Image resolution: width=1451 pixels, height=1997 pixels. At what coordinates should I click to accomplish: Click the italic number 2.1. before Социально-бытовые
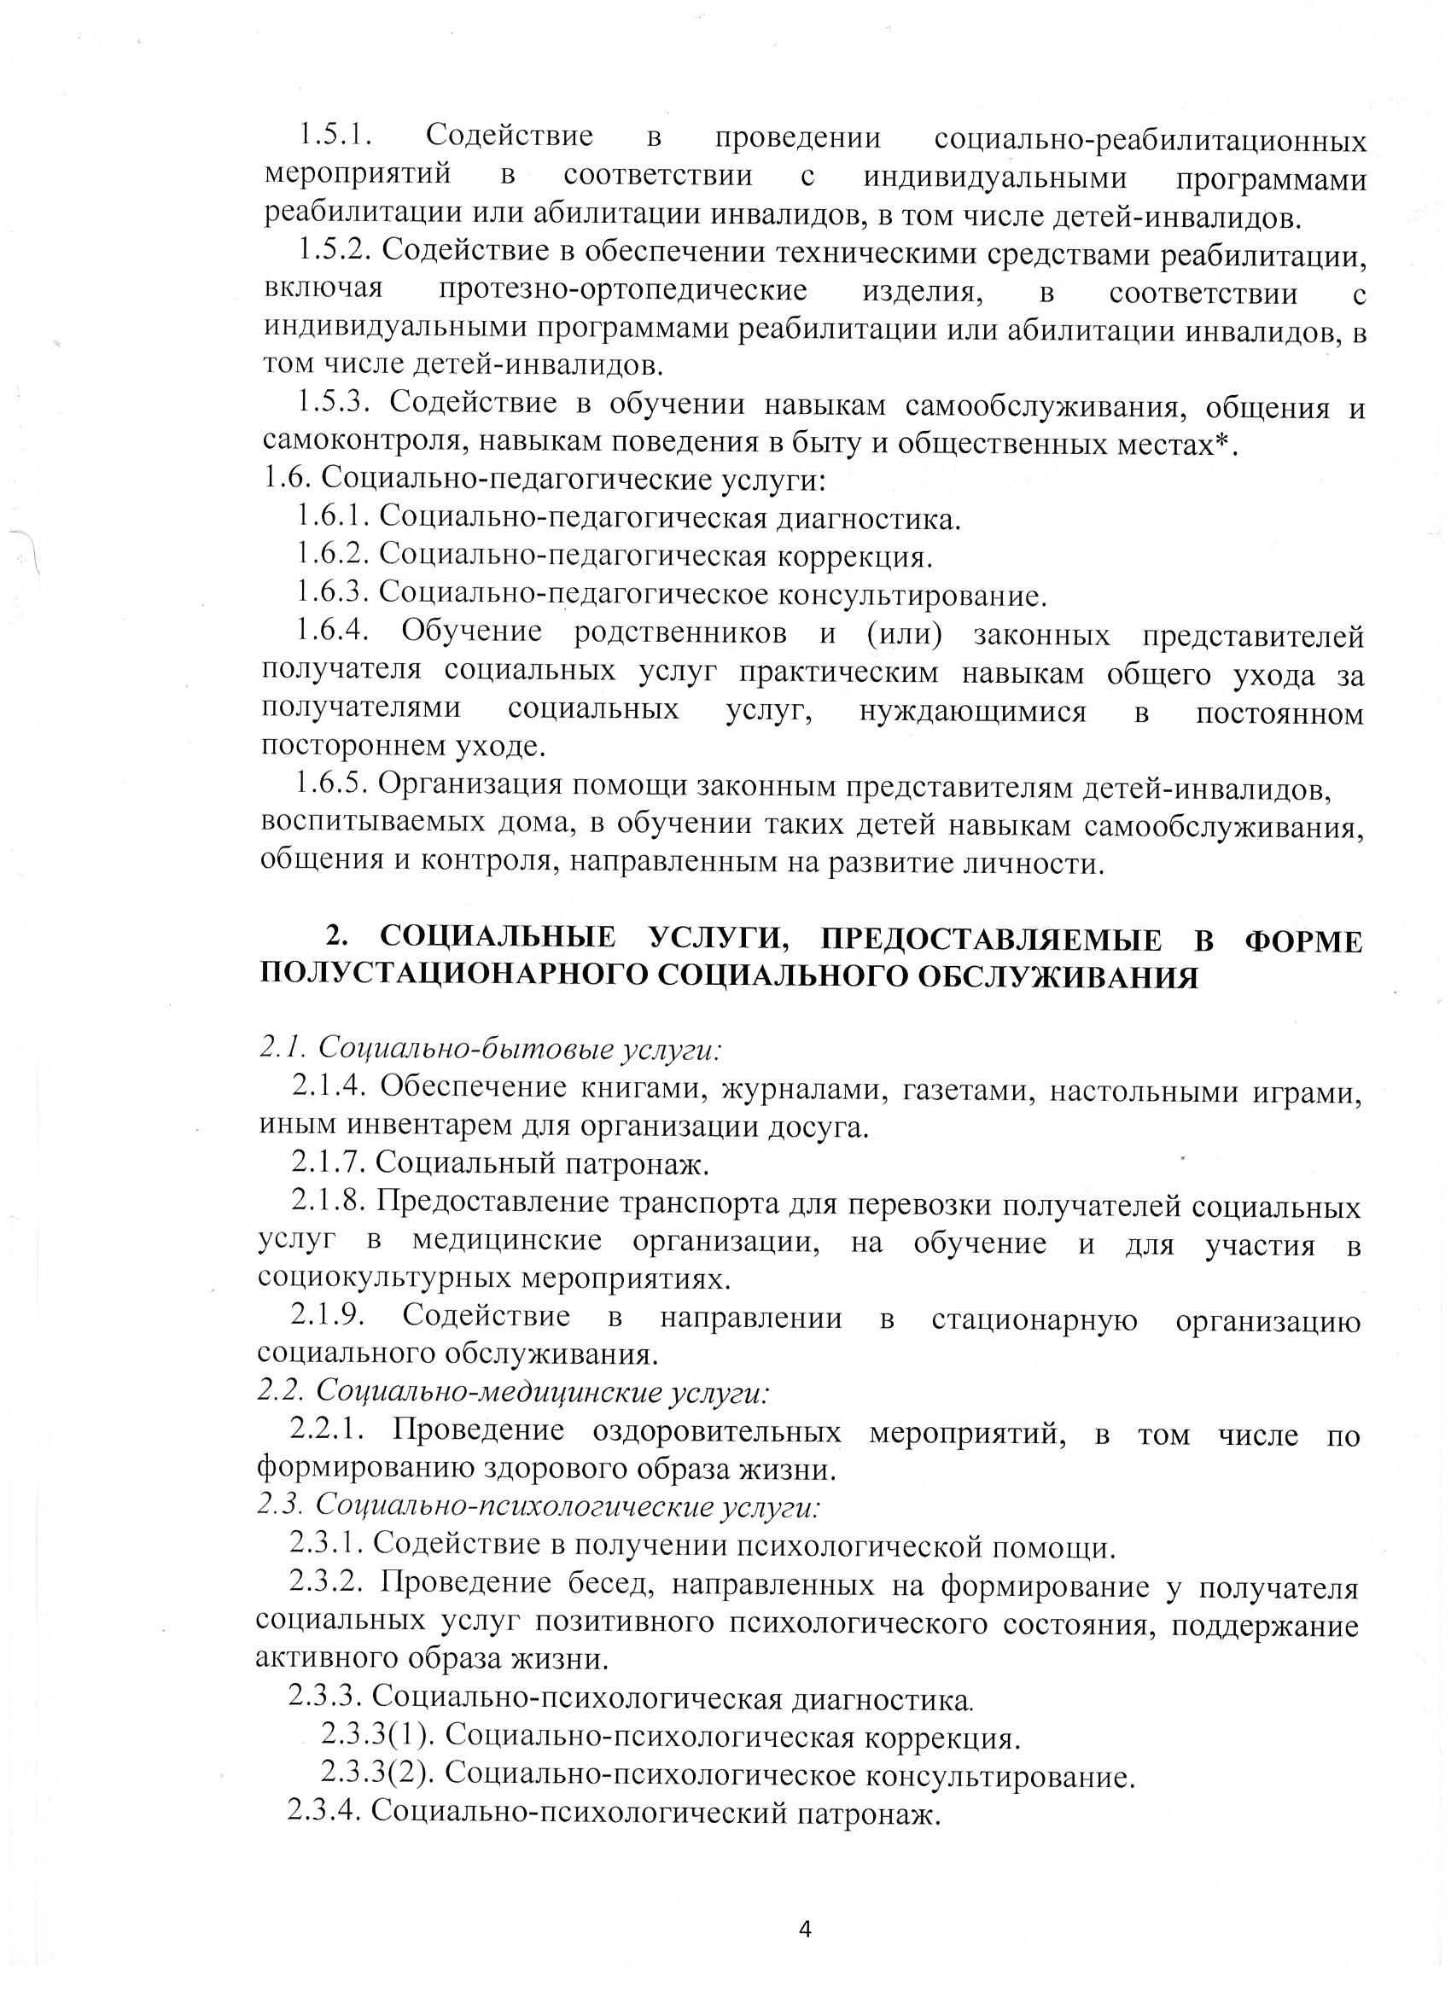282,1048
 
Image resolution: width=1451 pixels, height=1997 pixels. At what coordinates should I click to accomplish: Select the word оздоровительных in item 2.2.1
717,1432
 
